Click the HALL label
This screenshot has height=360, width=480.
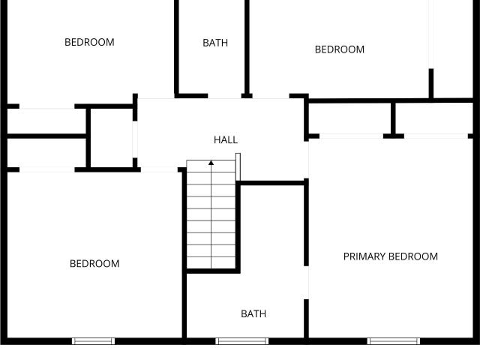(x=226, y=140)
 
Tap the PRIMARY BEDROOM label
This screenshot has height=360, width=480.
(x=390, y=256)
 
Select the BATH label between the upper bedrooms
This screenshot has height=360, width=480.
(x=215, y=43)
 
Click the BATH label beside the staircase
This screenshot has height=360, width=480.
(x=253, y=313)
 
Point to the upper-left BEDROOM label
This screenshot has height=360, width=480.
(x=89, y=42)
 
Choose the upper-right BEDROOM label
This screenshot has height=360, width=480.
(x=340, y=49)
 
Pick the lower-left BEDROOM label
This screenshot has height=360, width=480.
(x=94, y=263)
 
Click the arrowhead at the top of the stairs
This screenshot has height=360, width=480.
(x=211, y=163)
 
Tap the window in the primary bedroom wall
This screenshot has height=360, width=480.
(x=394, y=341)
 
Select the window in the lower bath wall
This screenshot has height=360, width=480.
(x=241, y=341)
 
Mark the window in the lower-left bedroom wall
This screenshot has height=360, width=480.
(x=93, y=341)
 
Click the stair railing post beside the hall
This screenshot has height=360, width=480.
(x=238, y=166)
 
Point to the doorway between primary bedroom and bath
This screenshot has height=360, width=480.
(x=307, y=283)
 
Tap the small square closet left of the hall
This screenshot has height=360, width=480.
(x=112, y=138)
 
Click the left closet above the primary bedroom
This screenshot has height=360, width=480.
(x=349, y=118)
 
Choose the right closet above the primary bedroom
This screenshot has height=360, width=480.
(x=434, y=118)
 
